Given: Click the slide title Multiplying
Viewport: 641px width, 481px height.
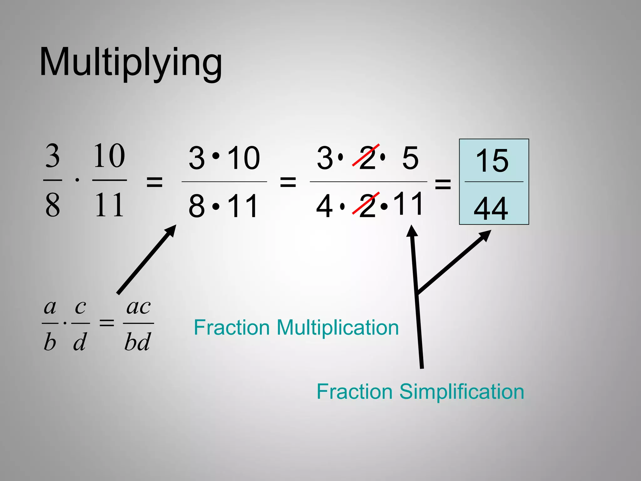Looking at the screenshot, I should tap(131, 63).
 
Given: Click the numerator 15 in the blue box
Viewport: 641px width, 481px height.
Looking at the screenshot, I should tap(492, 161).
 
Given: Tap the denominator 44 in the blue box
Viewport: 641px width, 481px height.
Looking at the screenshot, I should tap(491, 209).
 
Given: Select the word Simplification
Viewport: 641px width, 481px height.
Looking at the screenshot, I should tap(462, 392).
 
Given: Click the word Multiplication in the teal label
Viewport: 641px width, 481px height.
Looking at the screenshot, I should tap(338, 328).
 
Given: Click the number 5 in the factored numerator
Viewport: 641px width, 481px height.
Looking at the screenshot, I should tap(410, 158).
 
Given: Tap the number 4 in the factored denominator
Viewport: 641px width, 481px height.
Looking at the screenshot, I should tap(324, 206).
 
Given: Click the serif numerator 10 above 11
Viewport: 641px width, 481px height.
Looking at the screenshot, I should tap(109, 156).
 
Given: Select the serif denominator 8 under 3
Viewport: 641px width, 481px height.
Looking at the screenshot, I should tap(53, 205).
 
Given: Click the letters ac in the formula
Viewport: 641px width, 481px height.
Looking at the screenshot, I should tap(138, 307).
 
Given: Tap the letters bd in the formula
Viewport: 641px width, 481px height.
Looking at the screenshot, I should tap(138, 341).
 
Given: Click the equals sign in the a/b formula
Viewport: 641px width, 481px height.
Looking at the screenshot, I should tap(107, 323).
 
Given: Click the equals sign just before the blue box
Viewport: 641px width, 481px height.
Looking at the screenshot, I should tap(443, 184).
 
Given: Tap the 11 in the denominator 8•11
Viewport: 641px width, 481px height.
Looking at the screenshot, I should tap(243, 206).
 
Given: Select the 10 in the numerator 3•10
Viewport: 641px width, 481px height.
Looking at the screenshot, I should tap(244, 158).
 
